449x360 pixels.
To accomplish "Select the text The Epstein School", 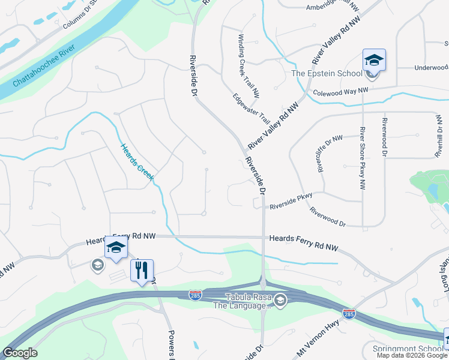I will (x=327, y=73).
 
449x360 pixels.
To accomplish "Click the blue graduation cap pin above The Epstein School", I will (x=373, y=61).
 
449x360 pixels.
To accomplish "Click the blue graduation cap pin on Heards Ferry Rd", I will (x=116, y=247).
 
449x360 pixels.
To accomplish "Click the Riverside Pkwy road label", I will (x=291, y=206).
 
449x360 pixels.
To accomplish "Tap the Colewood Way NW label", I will (x=340, y=91).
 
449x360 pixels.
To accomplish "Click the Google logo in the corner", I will (x=20, y=353).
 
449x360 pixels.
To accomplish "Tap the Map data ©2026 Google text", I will (x=411, y=355).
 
